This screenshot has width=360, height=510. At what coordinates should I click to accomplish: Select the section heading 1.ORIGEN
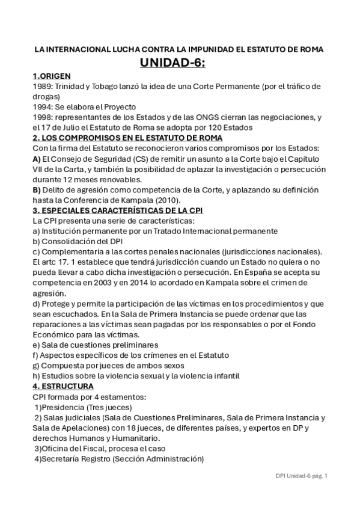coord(52,76)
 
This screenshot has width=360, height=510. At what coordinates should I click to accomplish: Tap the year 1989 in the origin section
coord(43,87)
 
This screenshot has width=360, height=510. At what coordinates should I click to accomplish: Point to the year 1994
coord(43,106)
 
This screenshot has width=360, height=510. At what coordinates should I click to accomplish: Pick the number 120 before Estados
coord(203,127)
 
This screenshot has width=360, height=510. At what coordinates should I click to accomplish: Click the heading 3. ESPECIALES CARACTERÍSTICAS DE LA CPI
coord(118,210)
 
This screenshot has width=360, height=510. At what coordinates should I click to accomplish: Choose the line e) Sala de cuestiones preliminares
coord(95,345)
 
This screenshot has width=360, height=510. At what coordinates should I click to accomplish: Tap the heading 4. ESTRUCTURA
coord(63,386)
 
